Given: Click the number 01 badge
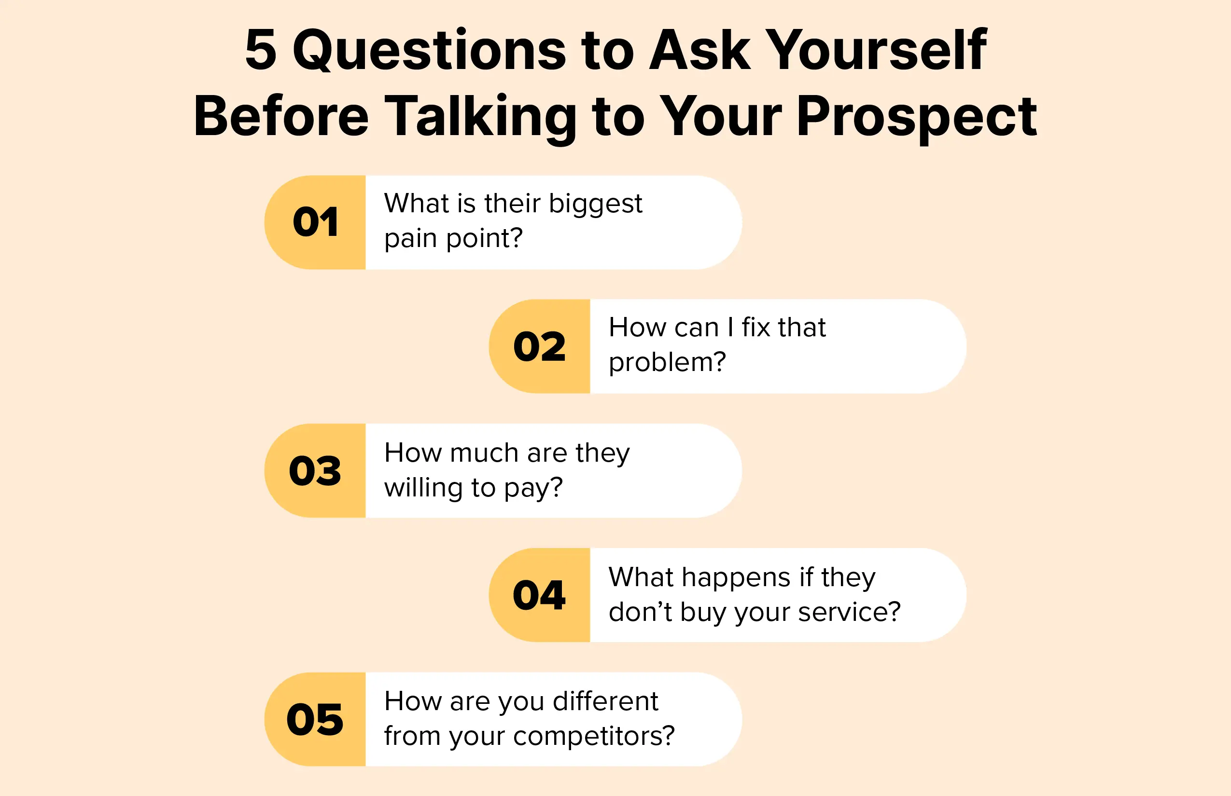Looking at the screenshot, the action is [x=315, y=222].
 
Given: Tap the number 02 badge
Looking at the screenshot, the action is [x=540, y=346].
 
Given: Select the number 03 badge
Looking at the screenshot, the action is [x=315, y=471].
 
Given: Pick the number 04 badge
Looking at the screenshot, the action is [x=540, y=595].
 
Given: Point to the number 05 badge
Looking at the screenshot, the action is [x=315, y=719].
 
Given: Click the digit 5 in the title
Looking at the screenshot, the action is [x=261, y=50].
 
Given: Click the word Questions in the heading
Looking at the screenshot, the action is [x=430, y=50].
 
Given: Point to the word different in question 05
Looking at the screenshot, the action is [x=605, y=701].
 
